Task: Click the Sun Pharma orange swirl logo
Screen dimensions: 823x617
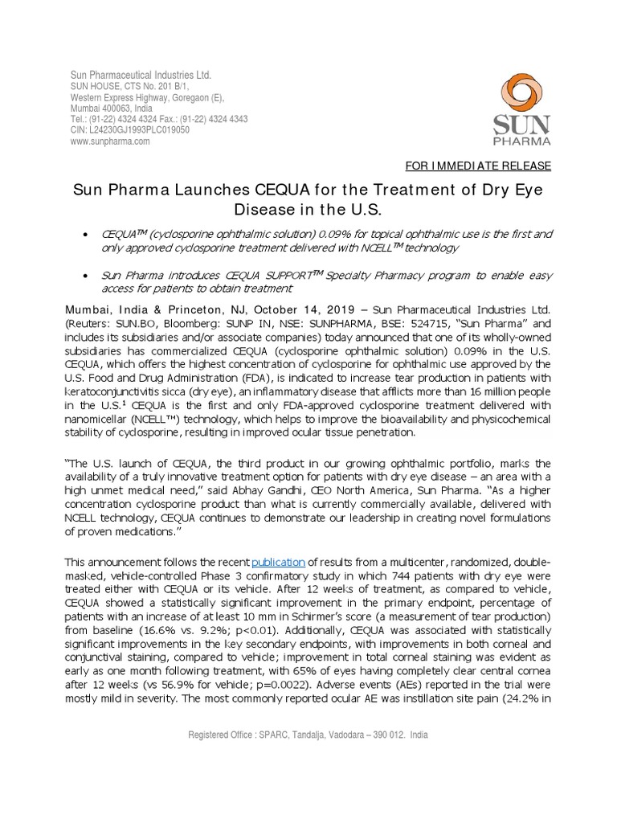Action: [521, 95]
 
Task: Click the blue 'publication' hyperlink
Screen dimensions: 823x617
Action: [280, 561]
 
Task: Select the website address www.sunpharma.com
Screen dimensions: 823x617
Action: [110, 141]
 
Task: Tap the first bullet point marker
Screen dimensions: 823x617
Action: [86, 234]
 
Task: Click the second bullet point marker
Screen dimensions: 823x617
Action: [86, 275]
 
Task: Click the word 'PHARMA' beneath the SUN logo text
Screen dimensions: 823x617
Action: [522, 141]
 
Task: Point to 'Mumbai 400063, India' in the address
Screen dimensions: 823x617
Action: [112, 108]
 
